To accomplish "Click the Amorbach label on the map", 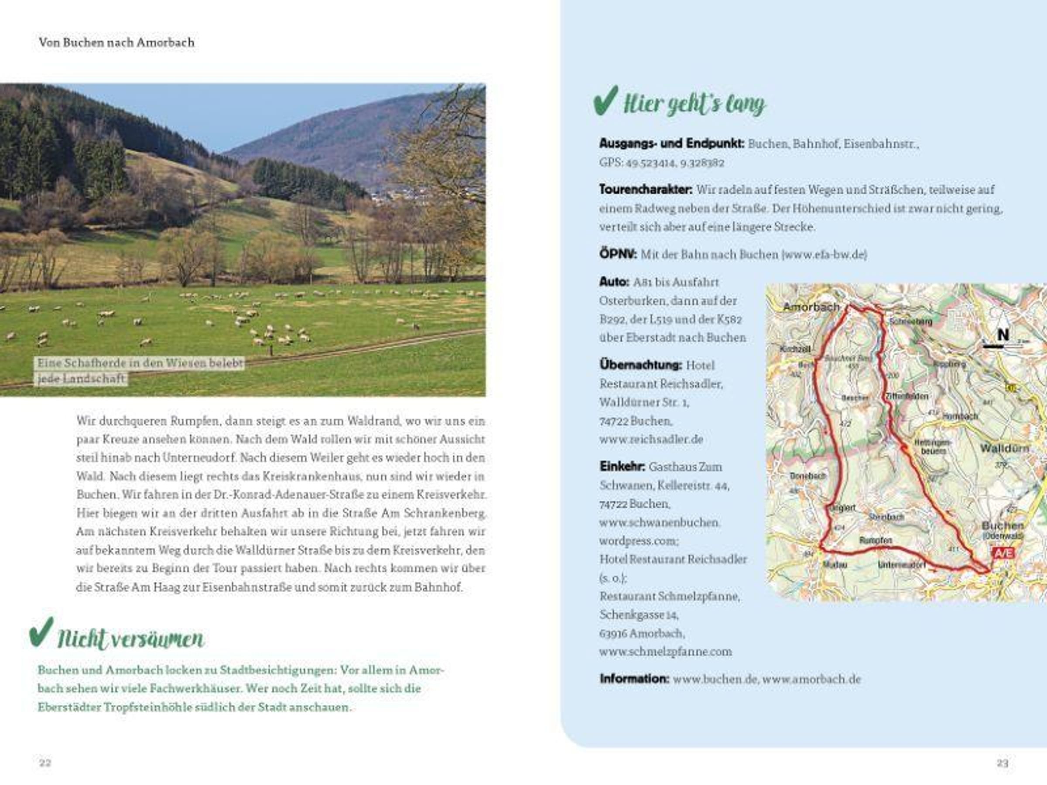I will click(811, 307).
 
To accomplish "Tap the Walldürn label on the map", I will click(1004, 447).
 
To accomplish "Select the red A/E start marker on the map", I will click(1004, 553).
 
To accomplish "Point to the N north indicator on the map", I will click(1003, 335).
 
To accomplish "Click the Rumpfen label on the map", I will click(876, 540).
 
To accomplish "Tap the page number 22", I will click(45, 762).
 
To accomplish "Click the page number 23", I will click(1003, 763).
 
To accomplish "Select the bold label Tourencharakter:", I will click(646, 190).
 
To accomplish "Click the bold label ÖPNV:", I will click(618, 255).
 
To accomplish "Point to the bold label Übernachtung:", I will click(640, 365).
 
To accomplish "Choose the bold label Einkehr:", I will click(622, 467).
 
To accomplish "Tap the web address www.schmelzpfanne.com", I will click(665, 652).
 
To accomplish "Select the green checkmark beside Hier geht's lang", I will click(606, 100).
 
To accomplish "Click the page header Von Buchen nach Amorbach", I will click(116, 43).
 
